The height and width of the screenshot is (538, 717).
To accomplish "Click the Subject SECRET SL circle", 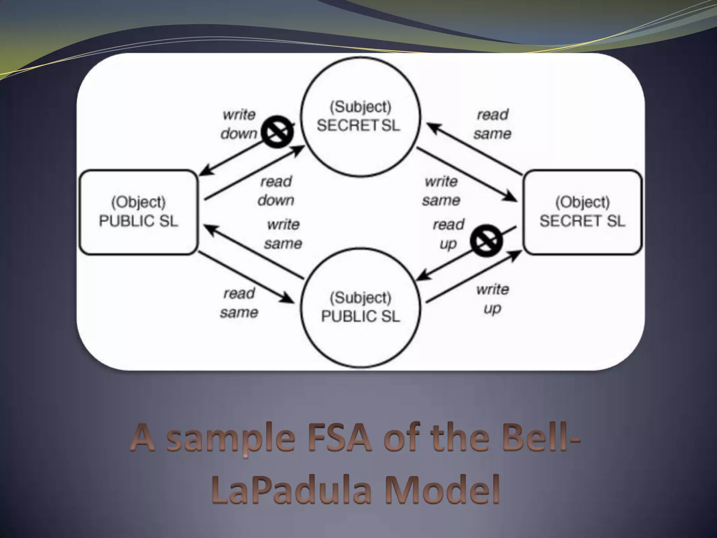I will pyautogui.click(x=361, y=117).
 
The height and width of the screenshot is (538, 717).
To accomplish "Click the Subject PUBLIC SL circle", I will pyautogui.click(x=361, y=307).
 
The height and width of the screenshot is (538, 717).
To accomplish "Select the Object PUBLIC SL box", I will pyautogui.click(x=139, y=212).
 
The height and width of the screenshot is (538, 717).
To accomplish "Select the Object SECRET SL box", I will pyautogui.click(x=582, y=212).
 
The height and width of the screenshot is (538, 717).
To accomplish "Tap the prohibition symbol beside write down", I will pyautogui.click(x=278, y=132).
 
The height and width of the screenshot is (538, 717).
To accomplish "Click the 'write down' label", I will pyautogui.click(x=239, y=124).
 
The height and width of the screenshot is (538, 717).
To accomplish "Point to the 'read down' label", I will pyautogui.click(x=276, y=191).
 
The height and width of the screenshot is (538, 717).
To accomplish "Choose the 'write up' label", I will pyautogui.click(x=493, y=299).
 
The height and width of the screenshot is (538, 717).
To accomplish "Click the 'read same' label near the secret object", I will pyautogui.click(x=493, y=124).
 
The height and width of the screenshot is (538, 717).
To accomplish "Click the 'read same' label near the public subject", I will pyautogui.click(x=239, y=302).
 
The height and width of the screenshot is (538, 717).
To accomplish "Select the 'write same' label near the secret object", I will pyautogui.click(x=441, y=191).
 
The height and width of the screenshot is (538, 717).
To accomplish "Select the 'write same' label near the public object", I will pyautogui.click(x=283, y=234).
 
